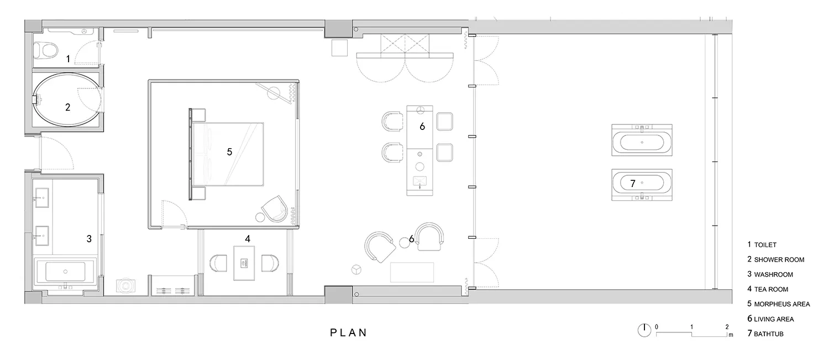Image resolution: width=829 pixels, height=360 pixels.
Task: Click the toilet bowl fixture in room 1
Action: pos(46,50)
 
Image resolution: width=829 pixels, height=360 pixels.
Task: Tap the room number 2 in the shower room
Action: pos(68,107)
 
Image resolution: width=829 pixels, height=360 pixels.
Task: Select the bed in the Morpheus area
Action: pos(227,154)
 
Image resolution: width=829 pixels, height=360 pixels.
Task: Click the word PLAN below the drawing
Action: pos(348,332)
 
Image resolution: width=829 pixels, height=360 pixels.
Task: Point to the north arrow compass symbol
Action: pos(644,330)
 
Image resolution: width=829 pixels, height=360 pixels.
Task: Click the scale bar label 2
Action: pos(727,327)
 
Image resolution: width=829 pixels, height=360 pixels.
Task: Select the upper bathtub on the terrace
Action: pos(642,140)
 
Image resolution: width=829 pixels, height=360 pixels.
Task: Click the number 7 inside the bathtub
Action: pos(632,184)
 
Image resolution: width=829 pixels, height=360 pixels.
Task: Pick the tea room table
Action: pos(244,263)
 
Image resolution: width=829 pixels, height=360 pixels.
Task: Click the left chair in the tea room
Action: pos(218,263)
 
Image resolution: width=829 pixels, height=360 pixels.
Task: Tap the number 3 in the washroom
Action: pos(89,239)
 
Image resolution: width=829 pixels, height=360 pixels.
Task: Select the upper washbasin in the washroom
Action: pos(42,198)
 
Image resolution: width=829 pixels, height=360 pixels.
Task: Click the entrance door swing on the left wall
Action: pos(55,153)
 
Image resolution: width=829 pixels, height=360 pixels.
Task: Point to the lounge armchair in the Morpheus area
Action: pos(274,209)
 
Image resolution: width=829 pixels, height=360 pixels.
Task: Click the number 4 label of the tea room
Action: pos(248,239)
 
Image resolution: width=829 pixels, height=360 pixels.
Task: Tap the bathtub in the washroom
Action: pos(65,272)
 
